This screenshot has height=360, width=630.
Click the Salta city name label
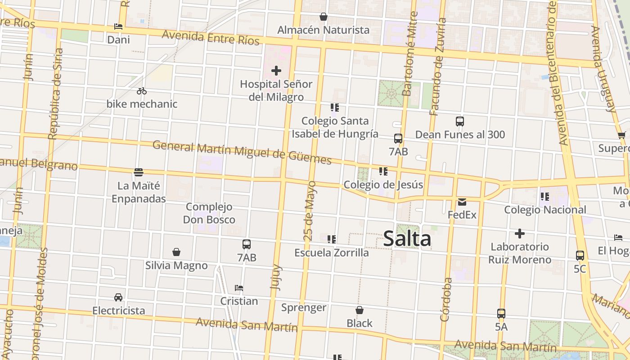click(x=407, y=239)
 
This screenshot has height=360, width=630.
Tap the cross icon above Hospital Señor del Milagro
click(x=276, y=71)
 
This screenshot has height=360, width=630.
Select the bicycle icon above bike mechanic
click(x=142, y=91)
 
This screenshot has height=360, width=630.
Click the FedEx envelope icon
click(x=462, y=202)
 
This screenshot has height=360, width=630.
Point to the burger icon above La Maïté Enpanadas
click(x=139, y=172)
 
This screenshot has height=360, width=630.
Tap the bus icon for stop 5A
click(x=501, y=314)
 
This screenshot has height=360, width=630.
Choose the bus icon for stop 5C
click(x=580, y=256)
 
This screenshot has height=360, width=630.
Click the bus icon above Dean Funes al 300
click(x=460, y=121)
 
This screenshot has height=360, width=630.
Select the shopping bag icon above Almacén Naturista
click(x=323, y=17)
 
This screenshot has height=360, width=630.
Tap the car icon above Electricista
click(x=118, y=297)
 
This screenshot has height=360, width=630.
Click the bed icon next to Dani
click(x=118, y=27)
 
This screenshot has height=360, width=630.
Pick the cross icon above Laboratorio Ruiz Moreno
click(x=520, y=234)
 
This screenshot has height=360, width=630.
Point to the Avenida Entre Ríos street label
click(x=211, y=38)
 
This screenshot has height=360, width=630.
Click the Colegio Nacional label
click(x=545, y=210)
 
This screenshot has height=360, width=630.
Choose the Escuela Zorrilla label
click(x=332, y=253)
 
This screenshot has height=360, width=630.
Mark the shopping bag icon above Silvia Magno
click(x=176, y=252)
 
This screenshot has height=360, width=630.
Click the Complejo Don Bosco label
click(x=209, y=213)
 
